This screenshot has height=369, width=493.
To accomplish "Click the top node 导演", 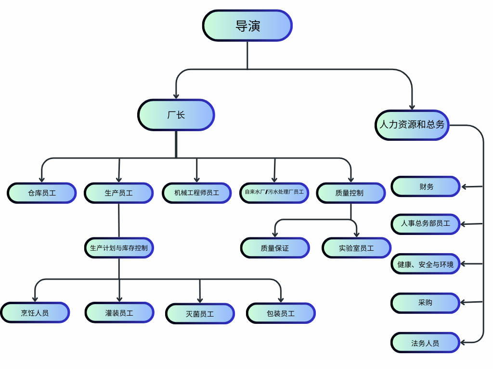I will pos(247,25).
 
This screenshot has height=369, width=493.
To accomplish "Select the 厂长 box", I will pos(176,115).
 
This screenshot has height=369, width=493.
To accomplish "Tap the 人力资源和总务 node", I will pos(412,125).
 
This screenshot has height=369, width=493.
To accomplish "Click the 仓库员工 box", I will pos(42,193).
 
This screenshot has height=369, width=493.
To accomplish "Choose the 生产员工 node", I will pos(119,193).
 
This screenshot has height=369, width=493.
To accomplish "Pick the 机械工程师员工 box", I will pos(197,193).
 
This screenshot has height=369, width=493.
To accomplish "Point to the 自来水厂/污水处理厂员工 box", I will pos(274,192).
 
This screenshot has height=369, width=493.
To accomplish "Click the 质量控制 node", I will pos(350,193).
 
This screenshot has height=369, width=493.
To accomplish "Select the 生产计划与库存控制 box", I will pos(119,248).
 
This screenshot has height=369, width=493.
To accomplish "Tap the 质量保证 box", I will pos(275,248).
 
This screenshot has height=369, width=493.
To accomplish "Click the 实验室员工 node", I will pos(356,248).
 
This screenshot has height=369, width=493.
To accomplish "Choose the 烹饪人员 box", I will pos(35,313).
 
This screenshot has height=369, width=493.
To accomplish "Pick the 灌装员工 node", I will pos(119,313).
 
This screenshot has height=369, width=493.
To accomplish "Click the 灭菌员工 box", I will pos(200,314).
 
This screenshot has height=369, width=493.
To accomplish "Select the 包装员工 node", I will pos(281,313).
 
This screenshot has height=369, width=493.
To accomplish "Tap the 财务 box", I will pos(426,186).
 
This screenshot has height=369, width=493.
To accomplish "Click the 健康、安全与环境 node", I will pos(426,264).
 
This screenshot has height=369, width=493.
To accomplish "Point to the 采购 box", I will pos(426,303).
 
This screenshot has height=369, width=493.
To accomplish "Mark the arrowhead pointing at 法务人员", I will pos(463,343).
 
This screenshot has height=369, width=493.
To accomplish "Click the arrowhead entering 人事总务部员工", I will pos(463,224).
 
